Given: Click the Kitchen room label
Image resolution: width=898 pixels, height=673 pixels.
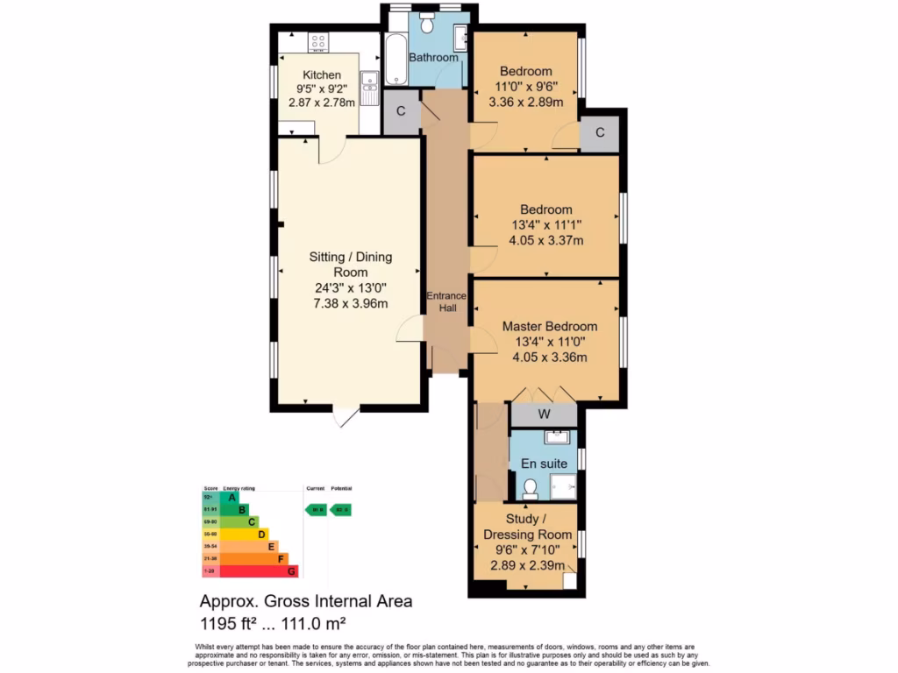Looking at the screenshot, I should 321,74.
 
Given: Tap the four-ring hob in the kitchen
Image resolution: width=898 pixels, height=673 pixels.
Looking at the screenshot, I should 318,40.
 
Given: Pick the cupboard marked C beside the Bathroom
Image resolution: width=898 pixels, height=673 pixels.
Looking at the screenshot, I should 401,111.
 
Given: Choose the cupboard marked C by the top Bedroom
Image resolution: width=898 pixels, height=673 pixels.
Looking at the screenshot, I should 600,133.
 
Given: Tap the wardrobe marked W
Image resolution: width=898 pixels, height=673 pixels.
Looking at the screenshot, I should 544,414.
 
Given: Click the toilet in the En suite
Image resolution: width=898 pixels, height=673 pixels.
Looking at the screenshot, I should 530,487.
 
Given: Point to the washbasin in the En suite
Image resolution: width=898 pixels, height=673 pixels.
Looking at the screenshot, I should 556,437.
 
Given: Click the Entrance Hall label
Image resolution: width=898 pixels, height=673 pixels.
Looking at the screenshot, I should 446,302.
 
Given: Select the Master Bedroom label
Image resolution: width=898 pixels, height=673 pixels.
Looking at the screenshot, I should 550,326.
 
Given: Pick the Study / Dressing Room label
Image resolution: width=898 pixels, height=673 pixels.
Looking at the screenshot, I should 528,527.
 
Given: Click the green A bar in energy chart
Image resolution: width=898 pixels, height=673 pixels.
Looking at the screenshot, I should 230,497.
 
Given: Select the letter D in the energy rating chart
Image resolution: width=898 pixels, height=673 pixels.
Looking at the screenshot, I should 261,534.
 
